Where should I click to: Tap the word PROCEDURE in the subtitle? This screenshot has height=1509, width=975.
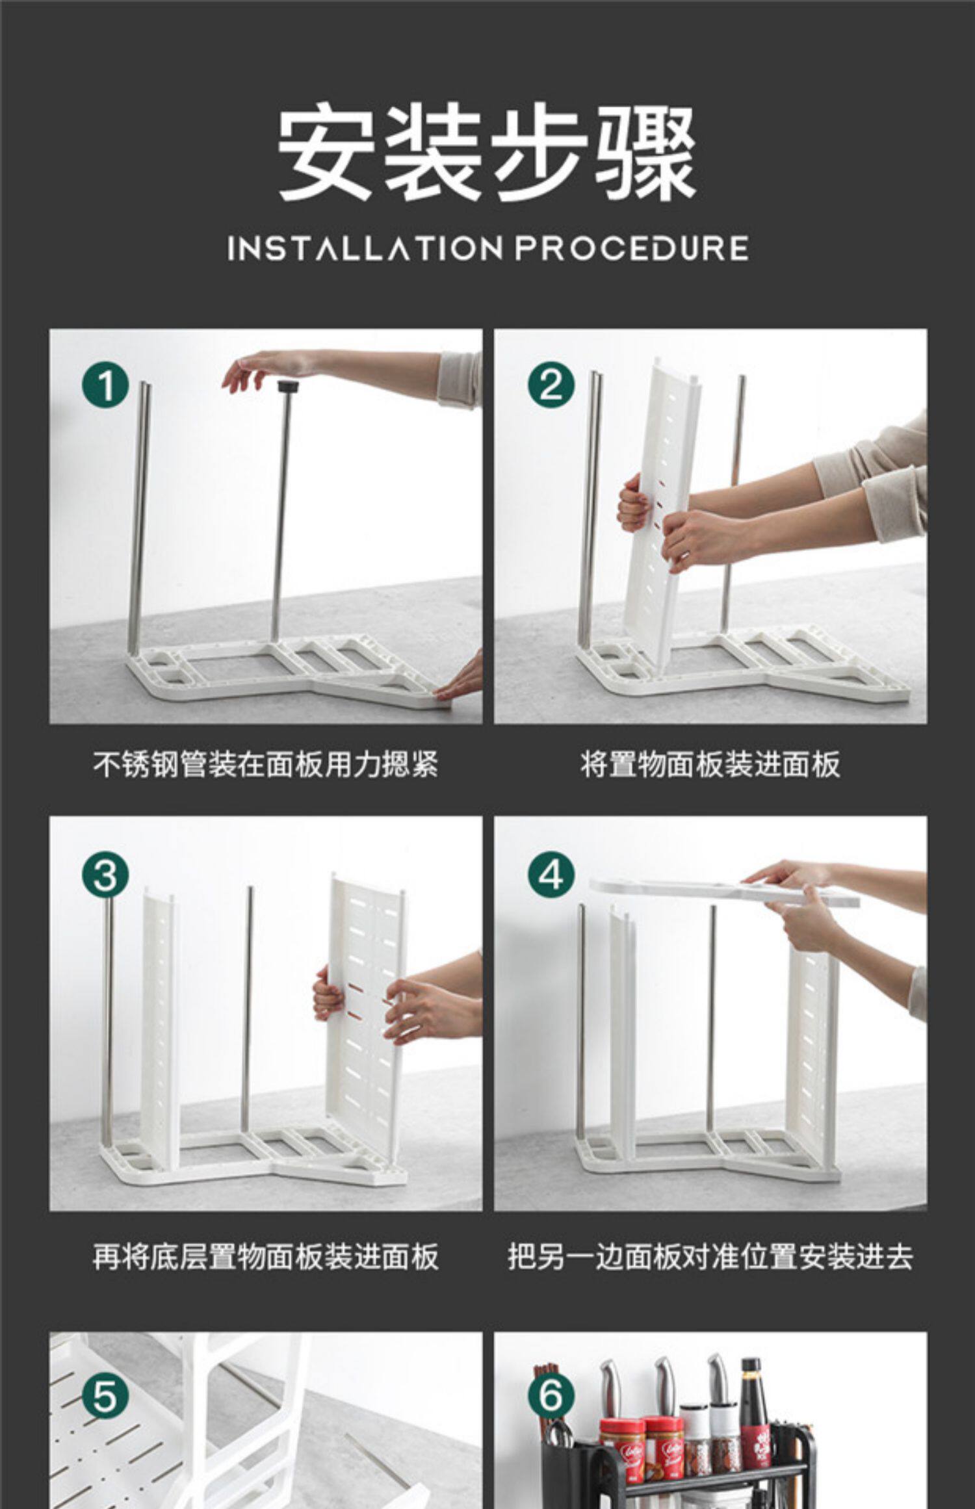tap(632, 249)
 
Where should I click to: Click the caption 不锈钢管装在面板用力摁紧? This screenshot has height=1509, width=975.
tap(265, 764)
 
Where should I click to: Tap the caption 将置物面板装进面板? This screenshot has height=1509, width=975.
tap(710, 764)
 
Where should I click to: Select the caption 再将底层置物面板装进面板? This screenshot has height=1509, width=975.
tap(265, 1256)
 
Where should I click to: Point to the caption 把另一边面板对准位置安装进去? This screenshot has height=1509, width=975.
tap(710, 1256)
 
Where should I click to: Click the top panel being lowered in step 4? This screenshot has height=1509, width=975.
tap(724, 890)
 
